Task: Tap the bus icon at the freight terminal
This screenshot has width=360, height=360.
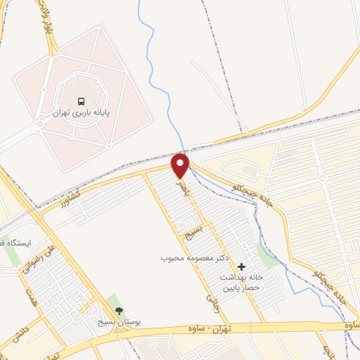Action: pos(82,100)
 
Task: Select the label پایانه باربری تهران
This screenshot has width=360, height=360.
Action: pos(82,112)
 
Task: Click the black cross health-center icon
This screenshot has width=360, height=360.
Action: pos(242,266)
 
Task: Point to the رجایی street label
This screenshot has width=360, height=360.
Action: pos(210,302)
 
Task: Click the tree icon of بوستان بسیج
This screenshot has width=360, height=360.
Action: pos(118,310)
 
